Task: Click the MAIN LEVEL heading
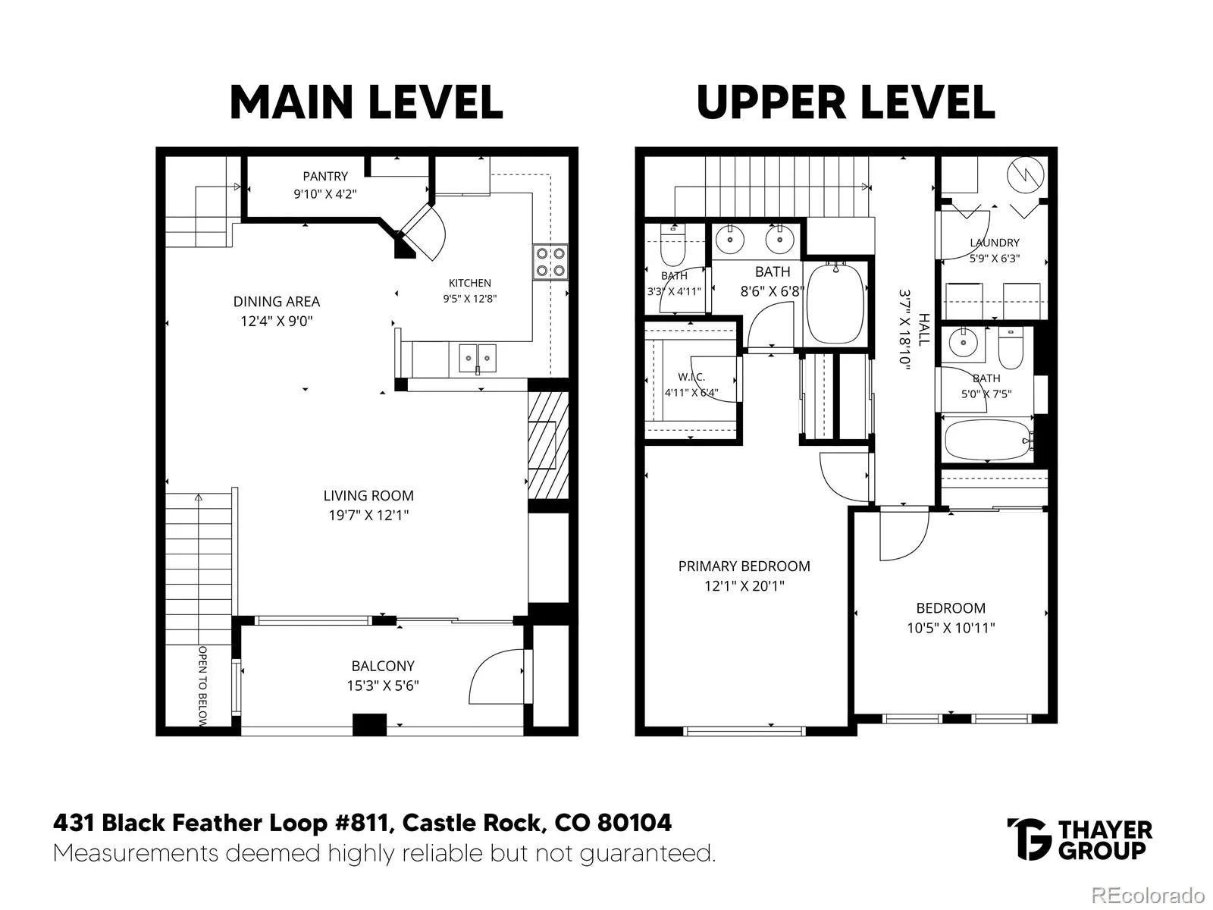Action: [366, 102]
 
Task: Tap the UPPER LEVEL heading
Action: [845, 102]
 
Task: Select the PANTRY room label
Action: [325, 176]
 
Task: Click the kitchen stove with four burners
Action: [550, 262]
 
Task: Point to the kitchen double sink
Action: [478, 358]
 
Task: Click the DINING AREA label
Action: [276, 302]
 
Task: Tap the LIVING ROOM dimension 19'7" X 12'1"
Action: [368, 515]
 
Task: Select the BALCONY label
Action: [383, 666]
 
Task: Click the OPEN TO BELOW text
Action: [203, 685]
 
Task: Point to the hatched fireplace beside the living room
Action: [548, 445]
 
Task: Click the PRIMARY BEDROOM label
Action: [744, 566]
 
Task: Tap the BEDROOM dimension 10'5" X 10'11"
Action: [951, 628]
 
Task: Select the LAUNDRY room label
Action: [995, 243]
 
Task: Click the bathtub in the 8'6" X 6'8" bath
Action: [835, 303]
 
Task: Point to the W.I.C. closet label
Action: [691, 378]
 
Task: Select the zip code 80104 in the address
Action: [635, 823]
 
